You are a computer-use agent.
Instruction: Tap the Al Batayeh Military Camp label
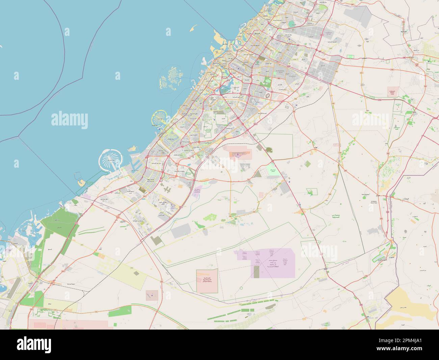393,92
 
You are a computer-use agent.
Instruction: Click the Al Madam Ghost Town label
375,202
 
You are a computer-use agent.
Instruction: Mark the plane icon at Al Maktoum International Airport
238,155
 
